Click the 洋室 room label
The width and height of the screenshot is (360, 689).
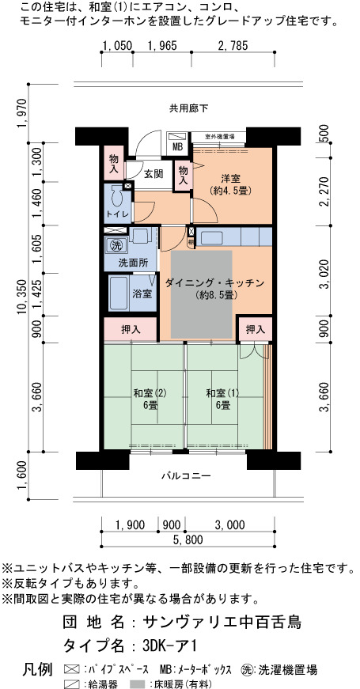click(230, 179)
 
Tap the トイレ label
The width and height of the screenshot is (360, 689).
click(118, 214)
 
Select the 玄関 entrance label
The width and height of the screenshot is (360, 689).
click(153, 174)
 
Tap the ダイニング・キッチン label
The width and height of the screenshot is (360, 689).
click(214, 283)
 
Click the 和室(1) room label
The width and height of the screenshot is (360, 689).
click(222, 393)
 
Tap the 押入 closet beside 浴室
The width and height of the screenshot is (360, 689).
click(131, 330)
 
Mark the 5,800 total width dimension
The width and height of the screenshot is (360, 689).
click(188, 539)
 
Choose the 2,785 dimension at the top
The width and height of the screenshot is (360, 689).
click(233, 45)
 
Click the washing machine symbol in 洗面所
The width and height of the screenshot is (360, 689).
click(116, 244)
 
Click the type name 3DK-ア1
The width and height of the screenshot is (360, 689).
click(169, 645)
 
